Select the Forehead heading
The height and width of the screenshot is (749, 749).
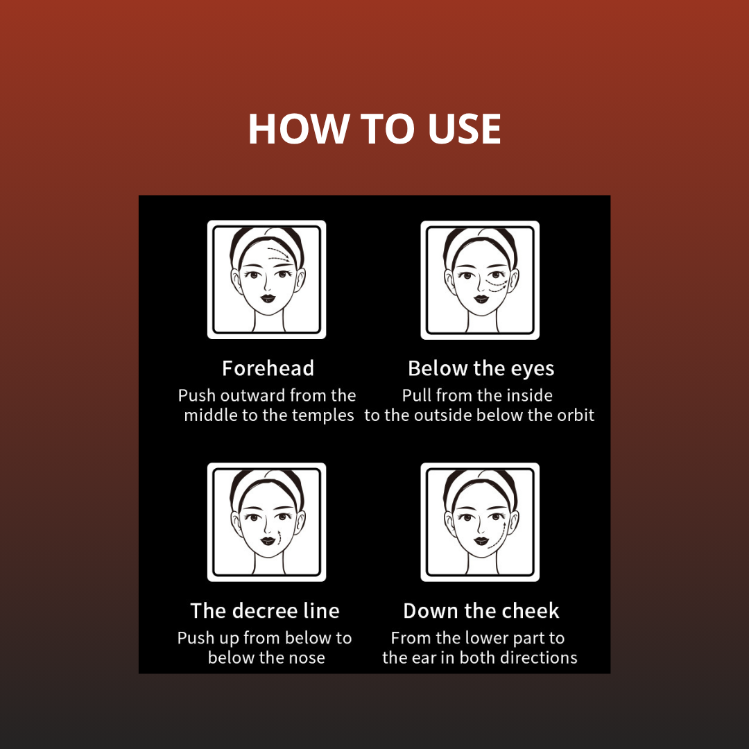(268, 368)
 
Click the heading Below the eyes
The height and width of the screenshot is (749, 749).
(481, 368)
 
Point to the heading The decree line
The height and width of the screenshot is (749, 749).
(265, 610)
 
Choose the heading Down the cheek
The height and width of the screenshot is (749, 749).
(481, 610)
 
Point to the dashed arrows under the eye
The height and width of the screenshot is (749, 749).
(495, 285)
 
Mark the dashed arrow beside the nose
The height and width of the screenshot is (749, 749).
(279, 537)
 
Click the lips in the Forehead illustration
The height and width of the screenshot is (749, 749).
(268, 298)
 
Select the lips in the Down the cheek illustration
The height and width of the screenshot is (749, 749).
(481, 541)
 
